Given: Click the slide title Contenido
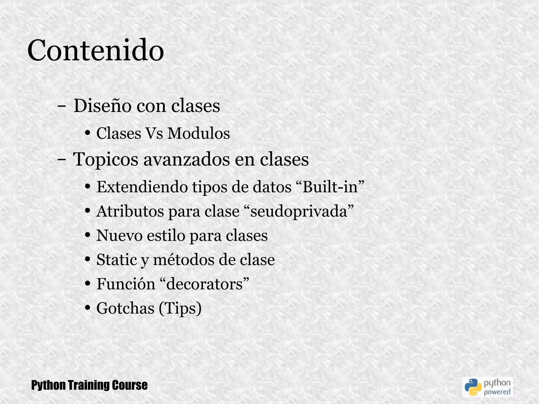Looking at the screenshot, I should click(x=96, y=50).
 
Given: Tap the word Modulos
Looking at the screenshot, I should click(x=199, y=133).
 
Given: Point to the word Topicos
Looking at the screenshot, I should click(x=106, y=159).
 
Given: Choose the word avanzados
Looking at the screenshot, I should click(x=186, y=159).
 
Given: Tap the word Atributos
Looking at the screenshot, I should click(x=130, y=211).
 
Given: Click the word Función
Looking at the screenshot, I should click(x=126, y=284).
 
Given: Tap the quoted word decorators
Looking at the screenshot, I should click(x=204, y=284).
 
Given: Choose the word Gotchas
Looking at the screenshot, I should click(x=125, y=308).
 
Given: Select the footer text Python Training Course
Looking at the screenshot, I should click(x=89, y=385).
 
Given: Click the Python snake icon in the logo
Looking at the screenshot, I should click(x=473, y=387).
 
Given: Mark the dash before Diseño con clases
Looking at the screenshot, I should click(x=62, y=107).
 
